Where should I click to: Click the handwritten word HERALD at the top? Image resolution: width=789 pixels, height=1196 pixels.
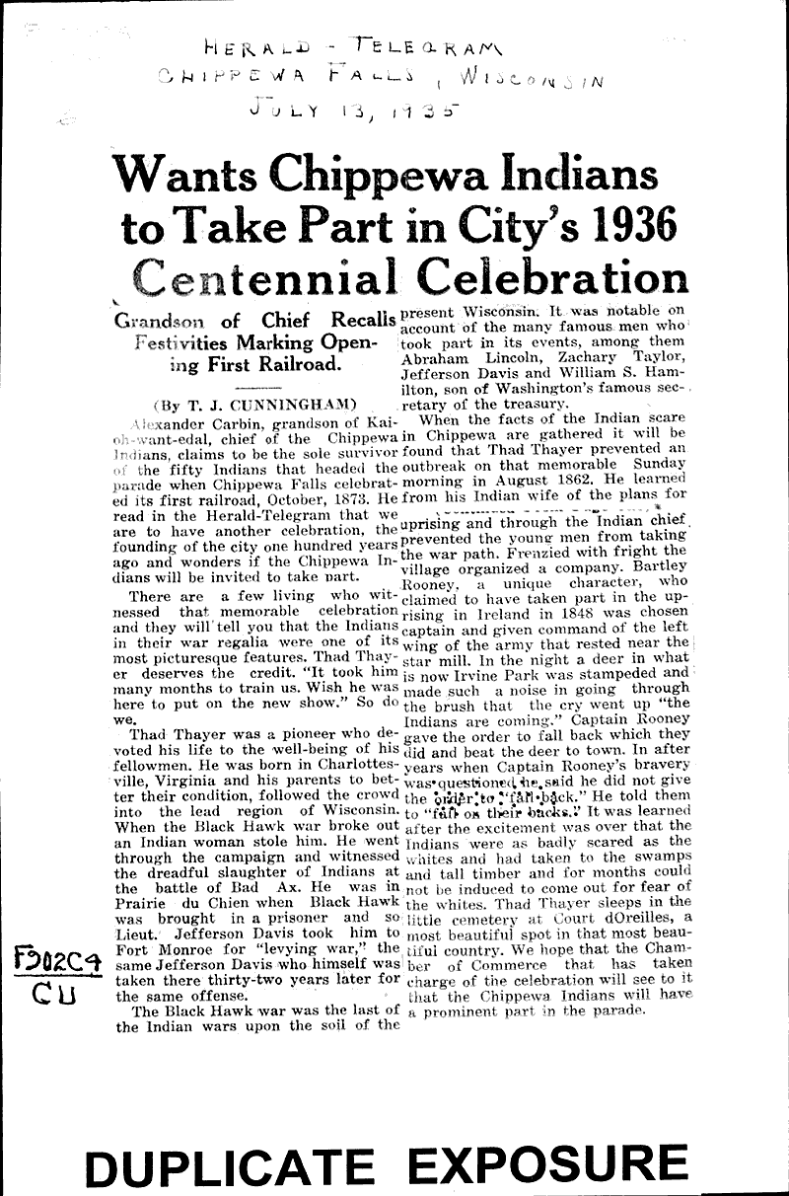pyautogui.click(x=259, y=45)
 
